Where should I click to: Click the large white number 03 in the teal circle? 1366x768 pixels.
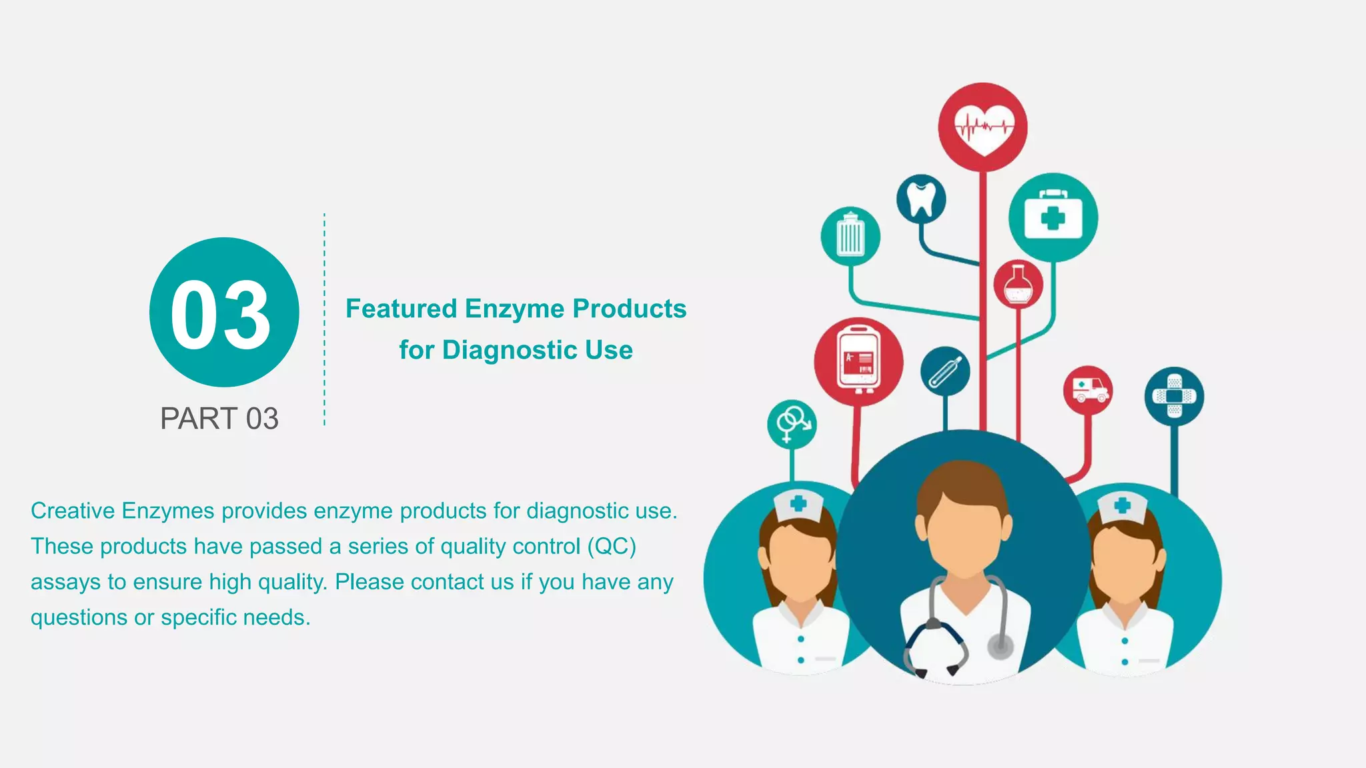click(x=221, y=314)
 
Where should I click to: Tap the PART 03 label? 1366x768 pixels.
click(x=219, y=419)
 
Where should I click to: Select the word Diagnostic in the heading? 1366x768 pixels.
click(x=510, y=350)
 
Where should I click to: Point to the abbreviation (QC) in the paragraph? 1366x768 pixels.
click(x=612, y=546)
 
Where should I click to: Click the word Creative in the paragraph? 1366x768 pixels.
click(x=73, y=511)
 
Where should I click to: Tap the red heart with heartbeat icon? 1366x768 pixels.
click(x=982, y=127)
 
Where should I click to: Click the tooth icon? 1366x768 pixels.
click(x=921, y=199)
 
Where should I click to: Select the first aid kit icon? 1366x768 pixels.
click(x=1053, y=217)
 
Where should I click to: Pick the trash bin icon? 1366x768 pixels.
click(x=850, y=236)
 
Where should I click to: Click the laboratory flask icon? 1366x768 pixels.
click(x=1018, y=285)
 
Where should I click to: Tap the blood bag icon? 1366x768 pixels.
click(x=858, y=361)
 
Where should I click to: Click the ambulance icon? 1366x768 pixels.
click(x=1087, y=389)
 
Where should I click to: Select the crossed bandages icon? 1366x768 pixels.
click(x=1174, y=396)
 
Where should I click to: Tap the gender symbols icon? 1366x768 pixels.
click(x=792, y=423)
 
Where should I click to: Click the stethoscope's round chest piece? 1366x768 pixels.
click(x=1000, y=645)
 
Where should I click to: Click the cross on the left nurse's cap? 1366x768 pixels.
click(x=798, y=503)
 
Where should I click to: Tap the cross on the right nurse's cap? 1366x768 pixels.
click(x=1123, y=505)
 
